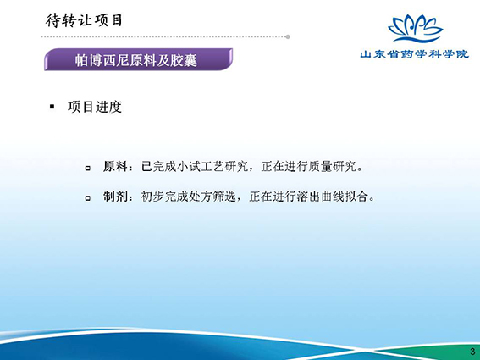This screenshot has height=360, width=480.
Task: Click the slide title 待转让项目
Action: pos(84,21)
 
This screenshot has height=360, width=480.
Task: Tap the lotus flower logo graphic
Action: pos(415,28)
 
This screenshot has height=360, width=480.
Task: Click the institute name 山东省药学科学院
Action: pos(414,54)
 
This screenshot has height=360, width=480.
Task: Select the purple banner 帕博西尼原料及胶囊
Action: pos(138,59)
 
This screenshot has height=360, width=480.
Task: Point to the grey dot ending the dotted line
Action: pos(288,36)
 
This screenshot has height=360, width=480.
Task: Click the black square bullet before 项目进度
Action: pos(52,107)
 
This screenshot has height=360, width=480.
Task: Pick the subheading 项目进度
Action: pos(95,107)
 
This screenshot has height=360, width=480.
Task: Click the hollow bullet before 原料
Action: pos(88,168)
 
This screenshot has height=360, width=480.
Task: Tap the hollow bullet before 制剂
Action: pos(88,198)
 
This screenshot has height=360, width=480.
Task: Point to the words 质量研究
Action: pos(332,167)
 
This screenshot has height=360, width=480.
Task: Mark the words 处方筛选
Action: pos(212,197)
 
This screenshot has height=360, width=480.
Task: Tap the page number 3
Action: pos(472,352)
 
